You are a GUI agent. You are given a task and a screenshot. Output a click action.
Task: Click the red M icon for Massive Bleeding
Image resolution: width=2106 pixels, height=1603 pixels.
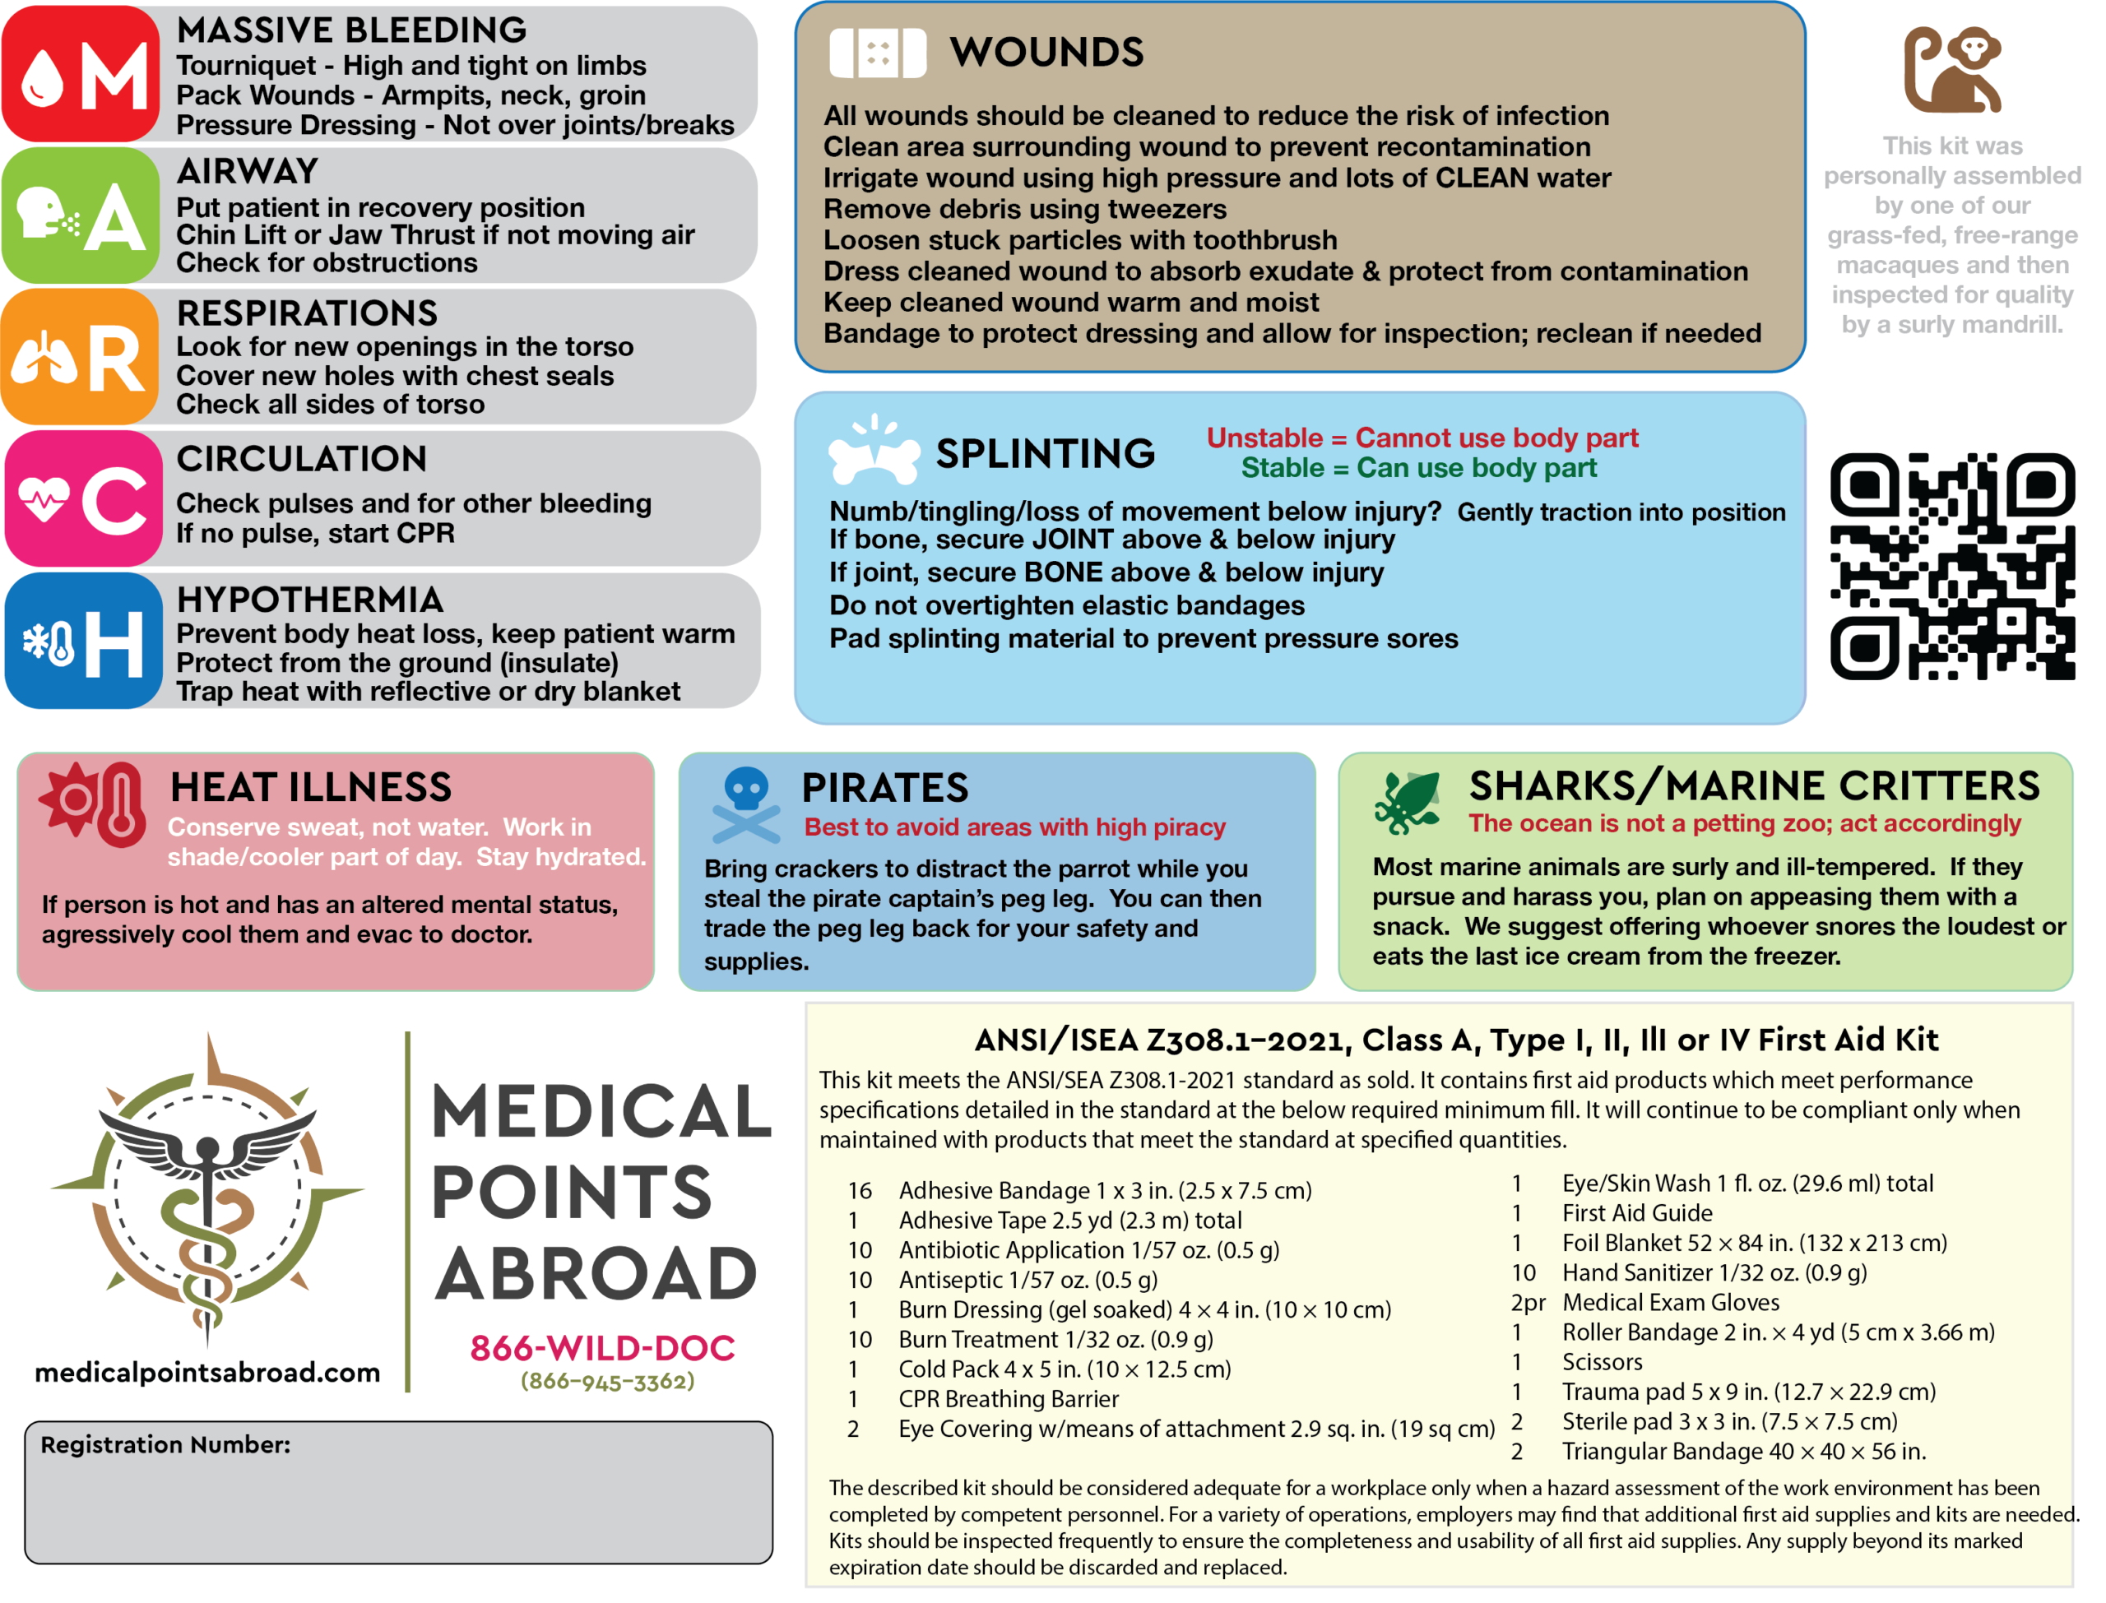81,74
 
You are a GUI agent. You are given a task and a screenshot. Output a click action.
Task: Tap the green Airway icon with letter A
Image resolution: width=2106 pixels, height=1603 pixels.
81,215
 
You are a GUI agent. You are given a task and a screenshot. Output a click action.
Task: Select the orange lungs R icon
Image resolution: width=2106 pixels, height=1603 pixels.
81,357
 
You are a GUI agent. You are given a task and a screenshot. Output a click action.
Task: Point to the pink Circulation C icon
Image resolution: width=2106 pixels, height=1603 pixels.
84,498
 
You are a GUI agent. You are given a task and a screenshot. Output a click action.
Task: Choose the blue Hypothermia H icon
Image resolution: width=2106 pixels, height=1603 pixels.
84,640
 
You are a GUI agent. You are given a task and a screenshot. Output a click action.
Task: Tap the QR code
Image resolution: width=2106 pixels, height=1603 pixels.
1951,566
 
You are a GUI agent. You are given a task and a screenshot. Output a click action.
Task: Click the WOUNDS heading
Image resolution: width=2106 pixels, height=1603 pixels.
1046,53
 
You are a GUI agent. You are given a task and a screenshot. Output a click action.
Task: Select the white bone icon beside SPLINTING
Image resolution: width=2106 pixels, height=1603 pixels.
873,451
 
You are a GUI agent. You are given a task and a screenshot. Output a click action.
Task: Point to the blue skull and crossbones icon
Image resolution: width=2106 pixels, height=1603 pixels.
745,804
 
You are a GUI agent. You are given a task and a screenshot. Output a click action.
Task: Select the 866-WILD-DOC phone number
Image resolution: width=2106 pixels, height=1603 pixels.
602,1347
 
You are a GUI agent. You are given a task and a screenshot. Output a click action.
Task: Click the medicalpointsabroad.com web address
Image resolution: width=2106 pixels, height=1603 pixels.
207,1372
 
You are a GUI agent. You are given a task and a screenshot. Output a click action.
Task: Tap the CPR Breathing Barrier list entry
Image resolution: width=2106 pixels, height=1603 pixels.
1008,1399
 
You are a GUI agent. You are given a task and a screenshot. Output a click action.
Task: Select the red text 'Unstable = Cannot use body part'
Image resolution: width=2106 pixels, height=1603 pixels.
1422,438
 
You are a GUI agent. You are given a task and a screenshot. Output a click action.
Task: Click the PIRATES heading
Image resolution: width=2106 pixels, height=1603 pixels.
884,788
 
